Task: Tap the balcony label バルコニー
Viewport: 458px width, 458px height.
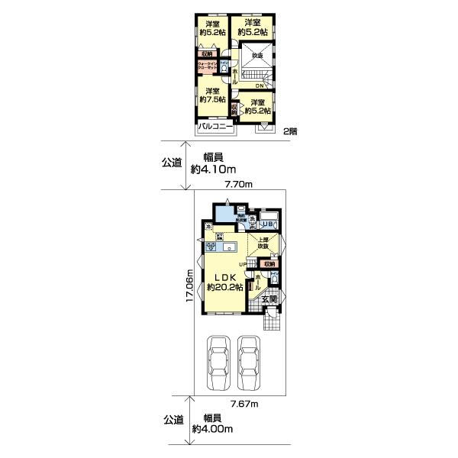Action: (216, 127)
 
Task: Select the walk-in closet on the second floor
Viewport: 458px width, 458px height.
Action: (207, 66)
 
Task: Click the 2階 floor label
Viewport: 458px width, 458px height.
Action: (289, 131)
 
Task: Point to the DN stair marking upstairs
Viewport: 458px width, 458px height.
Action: (260, 85)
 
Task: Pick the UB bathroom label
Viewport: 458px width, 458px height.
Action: (268, 224)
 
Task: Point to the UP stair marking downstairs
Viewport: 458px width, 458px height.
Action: (242, 264)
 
